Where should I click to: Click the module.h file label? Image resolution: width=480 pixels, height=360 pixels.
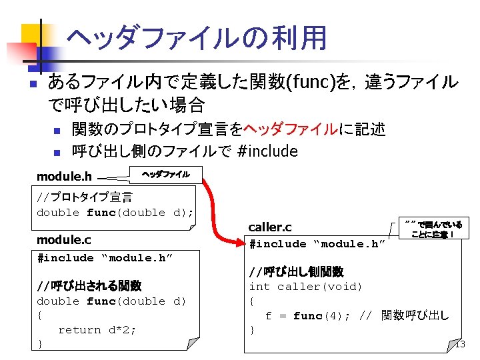tap(64, 177)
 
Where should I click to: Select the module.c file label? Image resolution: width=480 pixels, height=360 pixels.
tap(64, 240)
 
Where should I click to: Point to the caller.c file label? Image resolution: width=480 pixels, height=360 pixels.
tap(270, 228)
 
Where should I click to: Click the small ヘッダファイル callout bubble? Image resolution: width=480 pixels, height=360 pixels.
tap(166, 175)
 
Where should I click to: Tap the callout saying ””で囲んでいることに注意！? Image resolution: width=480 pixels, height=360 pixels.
tap(433, 229)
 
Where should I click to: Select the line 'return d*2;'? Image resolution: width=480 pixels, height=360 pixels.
tap(97, 329)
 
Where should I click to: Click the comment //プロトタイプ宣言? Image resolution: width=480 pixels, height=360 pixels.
tap(85, 197)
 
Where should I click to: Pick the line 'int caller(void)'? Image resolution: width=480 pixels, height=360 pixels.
tap(305, 287)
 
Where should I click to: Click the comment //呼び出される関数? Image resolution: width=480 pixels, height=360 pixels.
tap(89, 286)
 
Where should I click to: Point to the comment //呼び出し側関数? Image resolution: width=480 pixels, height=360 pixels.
tap(296, 272)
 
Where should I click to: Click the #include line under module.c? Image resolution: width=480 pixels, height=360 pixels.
tap(105, 258)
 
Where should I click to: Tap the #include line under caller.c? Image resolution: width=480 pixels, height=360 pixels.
tap(317, 244)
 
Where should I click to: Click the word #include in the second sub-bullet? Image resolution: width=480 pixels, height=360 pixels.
tap(267, 151)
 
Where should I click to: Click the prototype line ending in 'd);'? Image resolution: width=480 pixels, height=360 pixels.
tap(115, 213)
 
